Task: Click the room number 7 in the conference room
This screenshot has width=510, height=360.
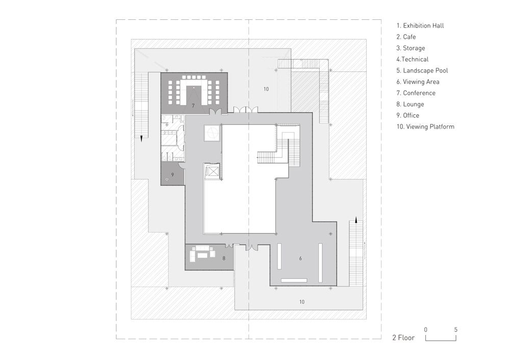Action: pyautogui.click(x=193, y=106)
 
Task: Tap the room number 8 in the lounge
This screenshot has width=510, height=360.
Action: pyautogui.click(x=224, y=259)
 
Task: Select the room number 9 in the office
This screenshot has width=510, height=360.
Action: pyautogui.click(x=172, y=174)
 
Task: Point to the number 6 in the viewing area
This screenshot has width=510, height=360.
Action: pyautogui.click(x=300, y=259)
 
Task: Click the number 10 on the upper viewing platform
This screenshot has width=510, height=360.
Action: pyautogui.click(x=266, y=89)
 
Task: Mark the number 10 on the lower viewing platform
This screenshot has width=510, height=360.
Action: pyautogui.click(x=302, y=302)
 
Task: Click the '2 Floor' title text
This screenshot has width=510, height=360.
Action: pyautogui.click(x=403, y=338)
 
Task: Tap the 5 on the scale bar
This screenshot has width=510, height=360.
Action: pyautogui.click(x=455, y=330)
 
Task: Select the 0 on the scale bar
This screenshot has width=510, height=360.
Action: pyautogui.click(x=426, y=330)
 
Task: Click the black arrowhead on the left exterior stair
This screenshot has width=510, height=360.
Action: pyautogui.click(x=141, y=139)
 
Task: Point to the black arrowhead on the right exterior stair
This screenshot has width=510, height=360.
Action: pyautogui.click(x=356, y=220)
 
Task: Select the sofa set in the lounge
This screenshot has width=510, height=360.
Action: pyautogui.click(x=203, y=252)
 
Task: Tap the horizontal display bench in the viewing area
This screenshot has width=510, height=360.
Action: pyautogui.click(x=294, y=280)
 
